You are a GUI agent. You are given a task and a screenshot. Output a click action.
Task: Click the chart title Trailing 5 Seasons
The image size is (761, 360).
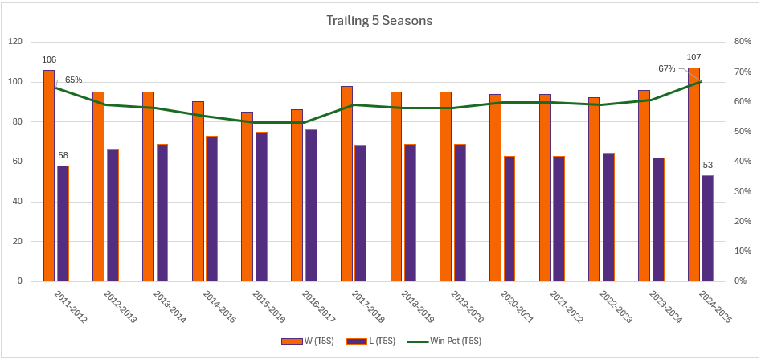click(380, 21)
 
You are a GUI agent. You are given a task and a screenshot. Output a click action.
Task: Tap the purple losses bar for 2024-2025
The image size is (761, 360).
click(707, 228)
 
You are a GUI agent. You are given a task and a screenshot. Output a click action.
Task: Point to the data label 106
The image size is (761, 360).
click(49, 59)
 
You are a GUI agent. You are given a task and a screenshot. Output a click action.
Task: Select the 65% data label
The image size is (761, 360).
click(73, 80)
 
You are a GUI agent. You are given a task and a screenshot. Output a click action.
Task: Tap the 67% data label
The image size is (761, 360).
click(667, 68)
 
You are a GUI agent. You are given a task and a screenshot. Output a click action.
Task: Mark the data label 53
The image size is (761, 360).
click(708, 165)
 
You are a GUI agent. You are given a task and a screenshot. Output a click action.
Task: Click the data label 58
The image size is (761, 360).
click(63, 155)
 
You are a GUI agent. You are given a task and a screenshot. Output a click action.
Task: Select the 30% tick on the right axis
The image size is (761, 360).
click(739, 191)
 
